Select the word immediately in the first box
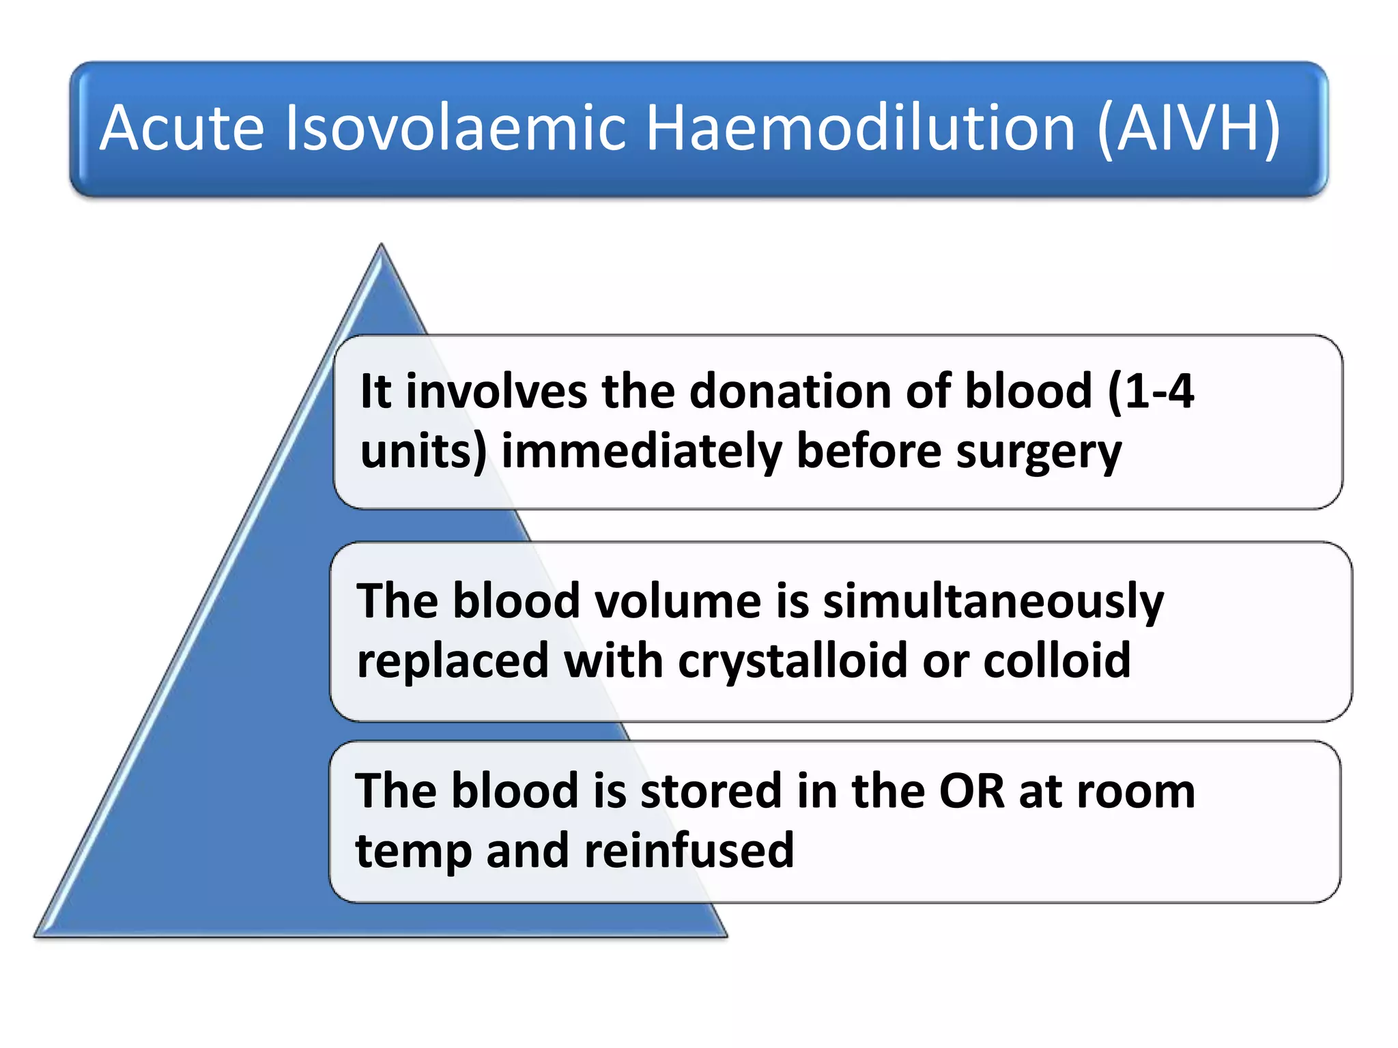coord(642,452)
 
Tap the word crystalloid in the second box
coord(793,662)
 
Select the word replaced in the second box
coord(453,662)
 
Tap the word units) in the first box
coord(423,452)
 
